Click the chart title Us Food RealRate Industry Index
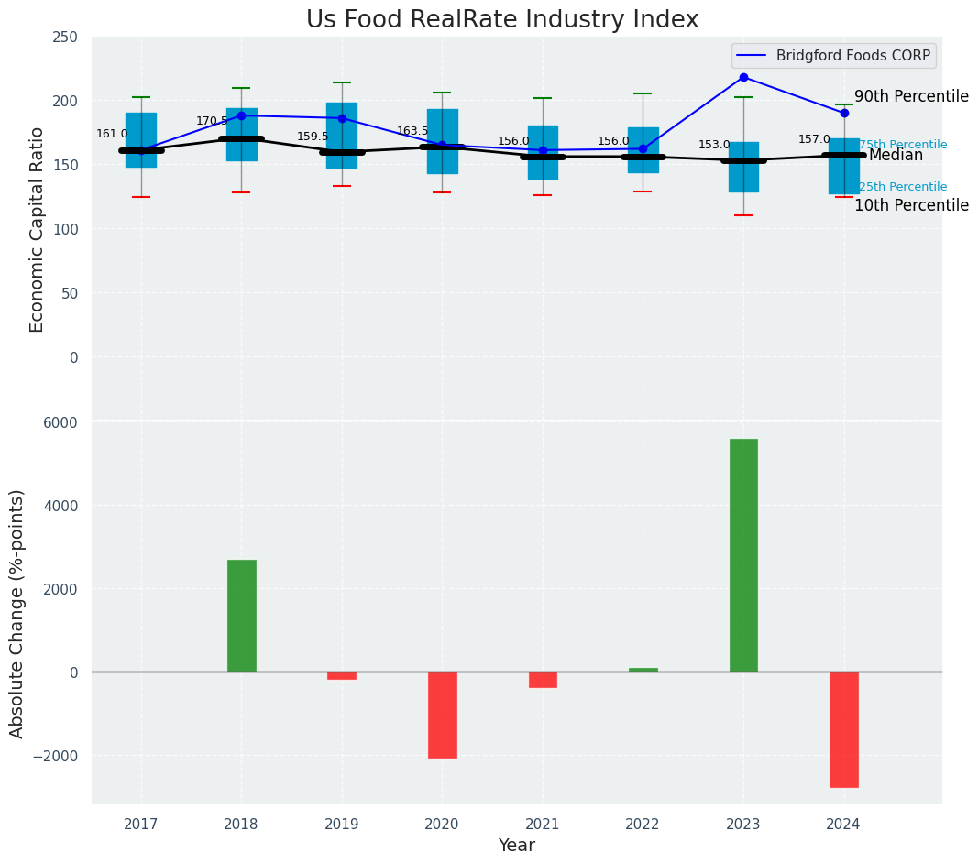[501, 20]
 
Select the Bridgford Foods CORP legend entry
[852, 55]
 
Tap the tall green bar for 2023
[743, 555]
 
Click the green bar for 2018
[242, 616]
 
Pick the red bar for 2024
[843, 729]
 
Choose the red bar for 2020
[443, 715]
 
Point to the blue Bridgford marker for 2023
[743, 77]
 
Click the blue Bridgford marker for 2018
[242, 115]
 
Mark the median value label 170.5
[212, 121]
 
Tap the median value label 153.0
[714, 145]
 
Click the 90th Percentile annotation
[911, 96]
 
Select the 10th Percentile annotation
[911, 205]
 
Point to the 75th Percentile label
[903, 145]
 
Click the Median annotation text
[896, 156]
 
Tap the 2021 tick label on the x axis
[543, 825]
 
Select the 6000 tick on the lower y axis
[60, 422]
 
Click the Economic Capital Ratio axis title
[38, 229]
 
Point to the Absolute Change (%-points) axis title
[17, 613]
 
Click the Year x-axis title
[516, 846]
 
